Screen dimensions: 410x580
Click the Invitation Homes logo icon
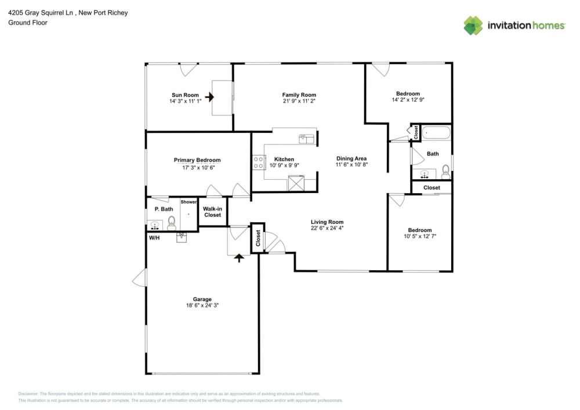click(473, 26)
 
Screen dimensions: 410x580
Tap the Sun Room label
click(185, 95)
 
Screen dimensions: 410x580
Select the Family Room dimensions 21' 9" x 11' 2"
click(299, 101)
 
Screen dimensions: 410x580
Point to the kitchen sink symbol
click(306, 139)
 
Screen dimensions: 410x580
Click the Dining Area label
click(351, 158)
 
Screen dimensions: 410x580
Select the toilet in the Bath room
click(445, 170)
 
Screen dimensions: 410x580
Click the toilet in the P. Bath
click(172, 222)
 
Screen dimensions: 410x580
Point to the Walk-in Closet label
click(212, 212)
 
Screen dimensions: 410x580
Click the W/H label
click(154, 238)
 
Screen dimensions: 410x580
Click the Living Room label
click(327, 222)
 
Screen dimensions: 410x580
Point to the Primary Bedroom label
click(197, 160)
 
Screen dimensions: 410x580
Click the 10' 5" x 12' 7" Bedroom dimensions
click(419, 237)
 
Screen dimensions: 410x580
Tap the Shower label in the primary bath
click(188, 202)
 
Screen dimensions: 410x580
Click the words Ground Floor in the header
click(28, 23)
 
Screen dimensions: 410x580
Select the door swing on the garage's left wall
click(139, 280)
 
